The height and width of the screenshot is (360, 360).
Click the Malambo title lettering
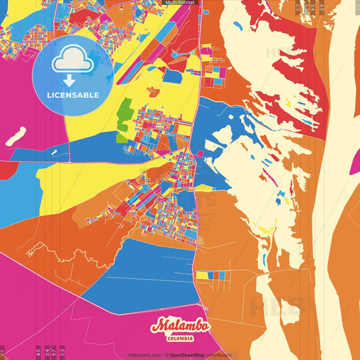pos(180,326)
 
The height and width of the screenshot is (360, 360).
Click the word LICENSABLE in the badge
pos(73,95)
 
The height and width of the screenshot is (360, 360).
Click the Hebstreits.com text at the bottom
pos(145,355)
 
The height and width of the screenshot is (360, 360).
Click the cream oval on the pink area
pos(16,135)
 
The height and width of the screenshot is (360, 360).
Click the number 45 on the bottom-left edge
pos(38,351)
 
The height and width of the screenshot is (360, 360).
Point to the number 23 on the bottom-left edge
pos(62,351)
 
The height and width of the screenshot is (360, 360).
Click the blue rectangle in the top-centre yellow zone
pos(172,76)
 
